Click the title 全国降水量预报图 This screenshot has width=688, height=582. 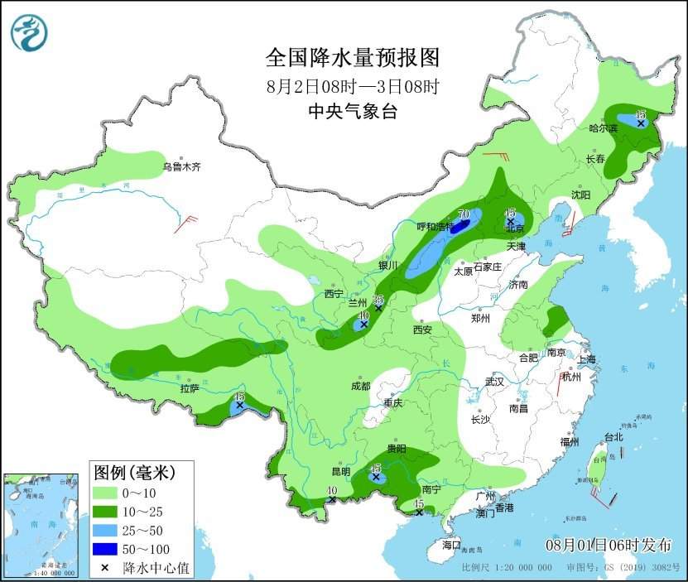click(x=352, y=58)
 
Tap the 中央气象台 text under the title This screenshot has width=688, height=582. click(x=352, y=112)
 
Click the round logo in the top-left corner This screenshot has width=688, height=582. click(x=29, y=33)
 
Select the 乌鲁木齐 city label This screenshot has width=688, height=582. click(x=181, y=166)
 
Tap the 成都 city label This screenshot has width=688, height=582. click(x=360, y=385)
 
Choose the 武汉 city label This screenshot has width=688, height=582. click(x=495, y=382)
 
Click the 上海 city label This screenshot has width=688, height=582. click(x=587, y=359)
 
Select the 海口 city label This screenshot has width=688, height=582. click(x=450, y=546)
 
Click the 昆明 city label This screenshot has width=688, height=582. click(x=341, y=471)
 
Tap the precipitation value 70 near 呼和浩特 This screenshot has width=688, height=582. click(x=464, y=214)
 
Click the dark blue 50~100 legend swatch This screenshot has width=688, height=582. click(x=105, y=550)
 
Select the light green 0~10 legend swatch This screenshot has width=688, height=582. click(x=105, y=494)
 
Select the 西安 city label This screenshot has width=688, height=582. click(x=422, y=329)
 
